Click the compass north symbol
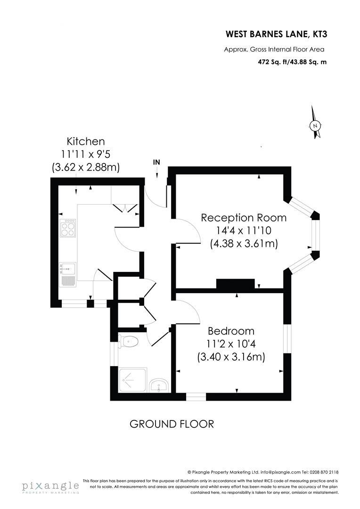click(x=315, y=125)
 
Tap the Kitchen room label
click(x=86, y=141)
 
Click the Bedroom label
click(x=231, y=331)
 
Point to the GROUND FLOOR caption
click(x=172, y=424)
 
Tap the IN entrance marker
click(x=156, y=163)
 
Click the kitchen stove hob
click(x=68, y=228)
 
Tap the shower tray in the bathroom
click(x=133, y=380)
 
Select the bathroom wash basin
click(x=159, y=386)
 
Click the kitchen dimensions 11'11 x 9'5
click(x=86, y=154)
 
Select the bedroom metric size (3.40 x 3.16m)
click(x=231, y=357)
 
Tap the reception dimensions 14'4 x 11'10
click(x=244, y=231)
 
